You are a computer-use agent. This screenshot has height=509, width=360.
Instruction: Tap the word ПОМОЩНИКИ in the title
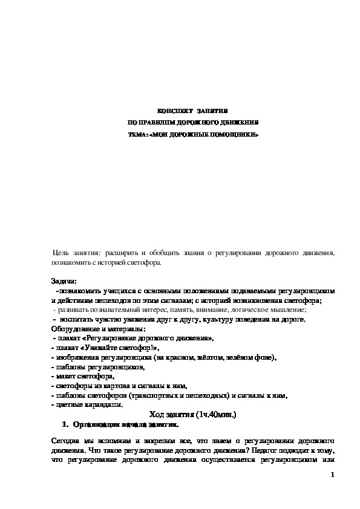point(236,134)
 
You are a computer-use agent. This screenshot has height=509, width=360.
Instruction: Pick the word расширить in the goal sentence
point(119,252)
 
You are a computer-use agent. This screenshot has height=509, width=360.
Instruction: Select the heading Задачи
point(64,281)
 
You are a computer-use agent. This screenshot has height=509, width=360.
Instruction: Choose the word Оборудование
point(76,329)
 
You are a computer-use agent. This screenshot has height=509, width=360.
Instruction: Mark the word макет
point(65,377)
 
